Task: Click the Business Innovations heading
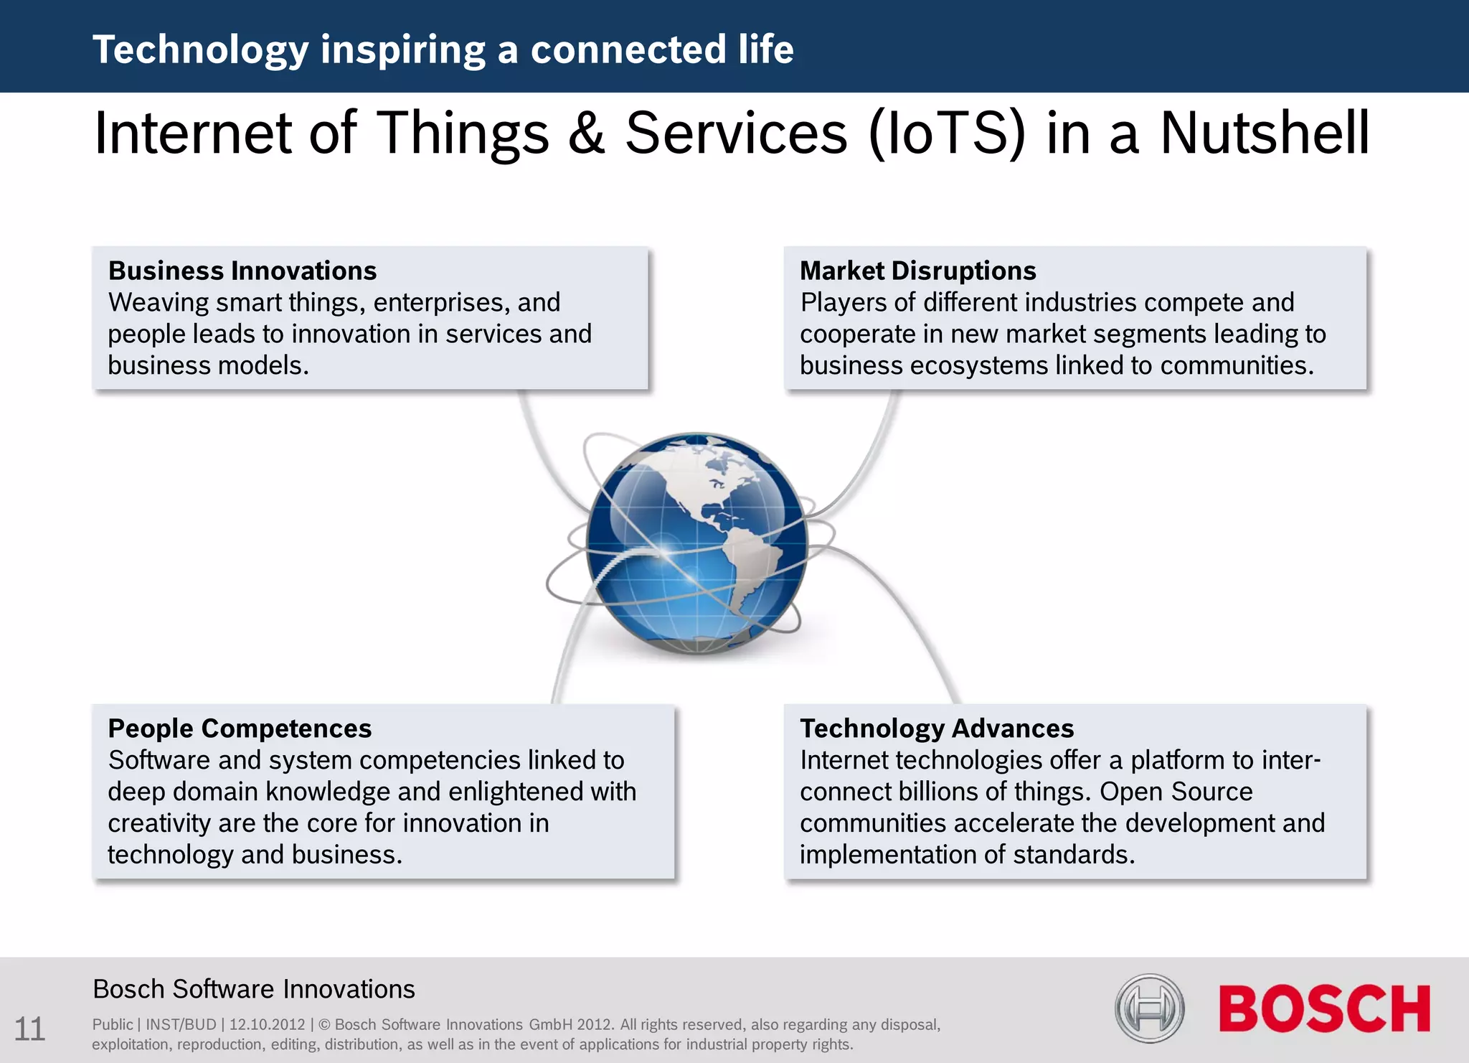click(242, 271)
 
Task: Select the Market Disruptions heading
click(917, 271)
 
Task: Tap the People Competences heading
click(240, 729)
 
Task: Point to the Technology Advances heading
click(936, 729)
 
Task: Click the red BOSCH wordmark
click(1324, 1008)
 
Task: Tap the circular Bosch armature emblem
click(1149, 1008)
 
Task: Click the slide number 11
click(29, 1029)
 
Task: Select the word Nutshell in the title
click(1265, 134)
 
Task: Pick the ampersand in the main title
click(586, 134)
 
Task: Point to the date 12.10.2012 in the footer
click(267, 1025)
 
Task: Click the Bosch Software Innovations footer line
click(254, 989)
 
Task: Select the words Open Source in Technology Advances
click(1176, 792)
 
